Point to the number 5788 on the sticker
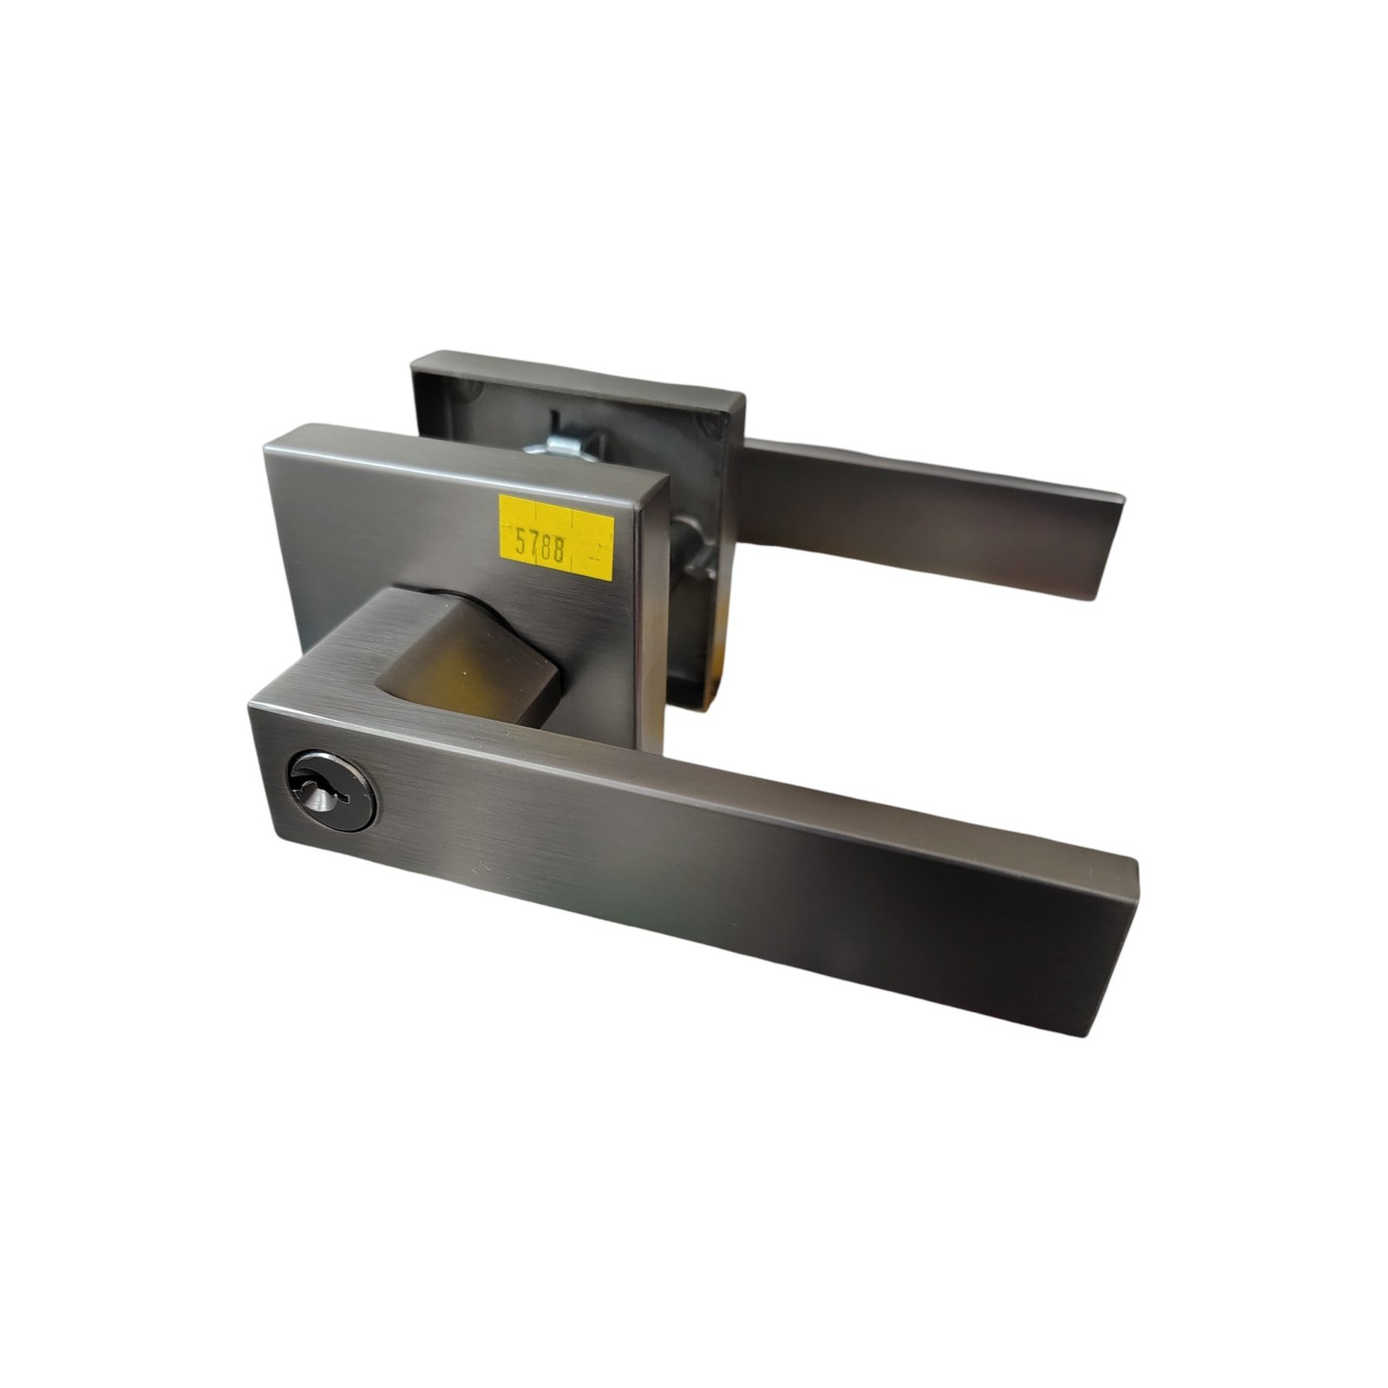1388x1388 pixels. [x=540, y=546]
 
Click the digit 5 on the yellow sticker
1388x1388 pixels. [x=520, y=543]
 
